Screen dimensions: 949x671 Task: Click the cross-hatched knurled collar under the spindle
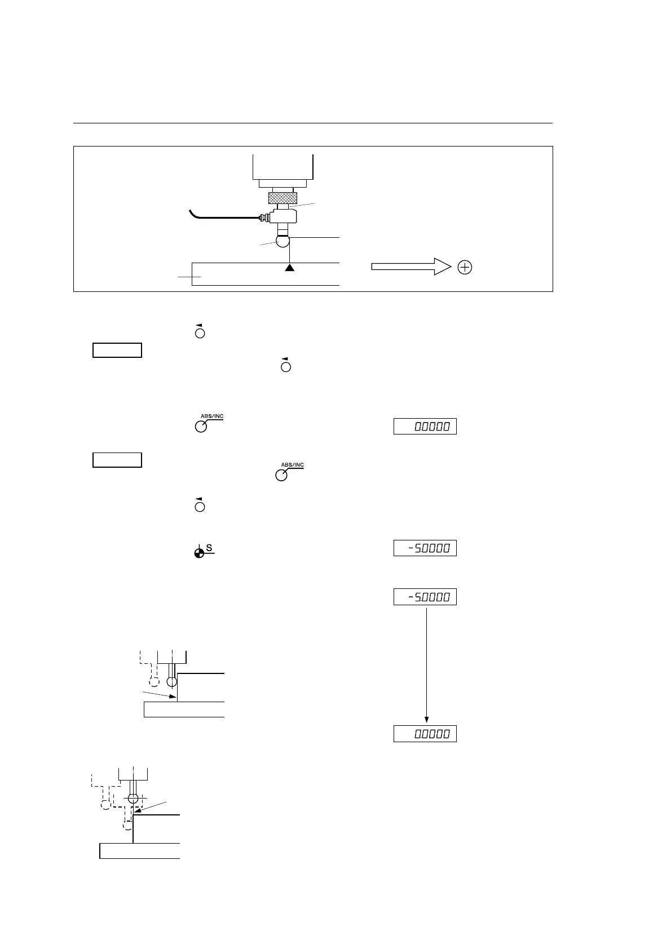pos(282,198)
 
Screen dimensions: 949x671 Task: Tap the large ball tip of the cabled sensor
pos(282,241)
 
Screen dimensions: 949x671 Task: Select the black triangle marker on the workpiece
pos(289,268)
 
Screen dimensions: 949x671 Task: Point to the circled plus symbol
pos(465,268)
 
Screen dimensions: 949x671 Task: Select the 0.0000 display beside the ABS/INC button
pos(425,427)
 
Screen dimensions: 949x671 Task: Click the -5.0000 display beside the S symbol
pos(425,548)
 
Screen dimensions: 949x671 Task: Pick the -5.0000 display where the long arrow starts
pos(425,597)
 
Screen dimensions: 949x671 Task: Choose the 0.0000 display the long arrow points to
pos(425,734)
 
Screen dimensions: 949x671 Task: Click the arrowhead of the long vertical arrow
pos(426,720)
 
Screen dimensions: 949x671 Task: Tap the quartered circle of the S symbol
pos(198,553)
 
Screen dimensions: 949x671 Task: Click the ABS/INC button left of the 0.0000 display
pos(201,427)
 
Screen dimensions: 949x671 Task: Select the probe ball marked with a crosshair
pos(133,798)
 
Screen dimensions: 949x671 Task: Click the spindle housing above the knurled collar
pos(282,166)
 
